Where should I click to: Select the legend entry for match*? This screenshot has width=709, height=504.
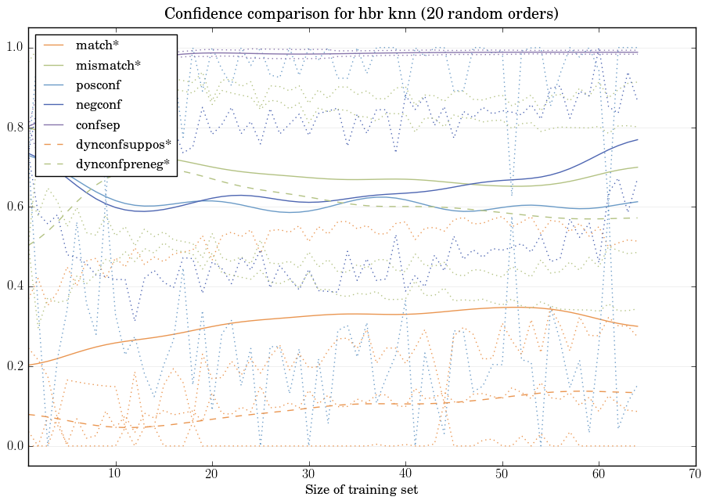(x=94, y=45)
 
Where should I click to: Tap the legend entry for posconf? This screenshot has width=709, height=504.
(x=99, y=85)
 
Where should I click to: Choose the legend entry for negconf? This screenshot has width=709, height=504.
(x=99, y=104)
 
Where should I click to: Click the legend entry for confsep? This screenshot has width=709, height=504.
(x=98, y=124)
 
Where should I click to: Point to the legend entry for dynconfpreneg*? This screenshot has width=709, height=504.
(x=123, y=164)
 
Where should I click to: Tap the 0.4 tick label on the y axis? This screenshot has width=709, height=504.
(x=14, y=287)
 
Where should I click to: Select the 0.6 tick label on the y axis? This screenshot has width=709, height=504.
(x=14, y=207)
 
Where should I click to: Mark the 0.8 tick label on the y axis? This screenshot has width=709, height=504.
(x=14, y=128)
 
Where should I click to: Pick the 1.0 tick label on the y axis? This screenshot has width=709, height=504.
(x=14, y=48)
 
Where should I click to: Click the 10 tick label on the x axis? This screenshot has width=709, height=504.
(x=115, y=473)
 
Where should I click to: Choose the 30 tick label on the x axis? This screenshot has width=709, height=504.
(x=309, y=473)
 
